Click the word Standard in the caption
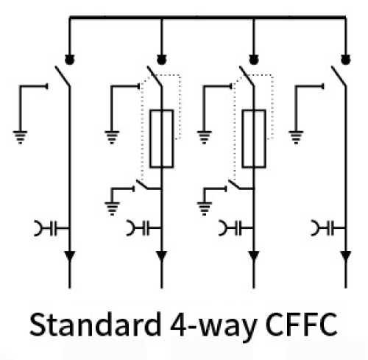95,324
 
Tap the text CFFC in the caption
302,324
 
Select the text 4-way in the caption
213,326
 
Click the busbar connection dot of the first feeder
69,60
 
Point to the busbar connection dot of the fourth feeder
346,60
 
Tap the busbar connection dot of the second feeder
161,60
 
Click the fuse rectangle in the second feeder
162,139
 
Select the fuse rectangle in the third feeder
254,139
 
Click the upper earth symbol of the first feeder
20,137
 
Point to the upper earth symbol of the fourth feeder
296,137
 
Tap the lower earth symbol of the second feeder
112,208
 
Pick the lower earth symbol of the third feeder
205,208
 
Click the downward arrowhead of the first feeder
70,256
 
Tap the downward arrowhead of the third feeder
254,256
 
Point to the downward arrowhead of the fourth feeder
346,256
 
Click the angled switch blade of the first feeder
63,76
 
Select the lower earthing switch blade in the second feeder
144,185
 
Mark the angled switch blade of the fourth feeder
339,76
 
